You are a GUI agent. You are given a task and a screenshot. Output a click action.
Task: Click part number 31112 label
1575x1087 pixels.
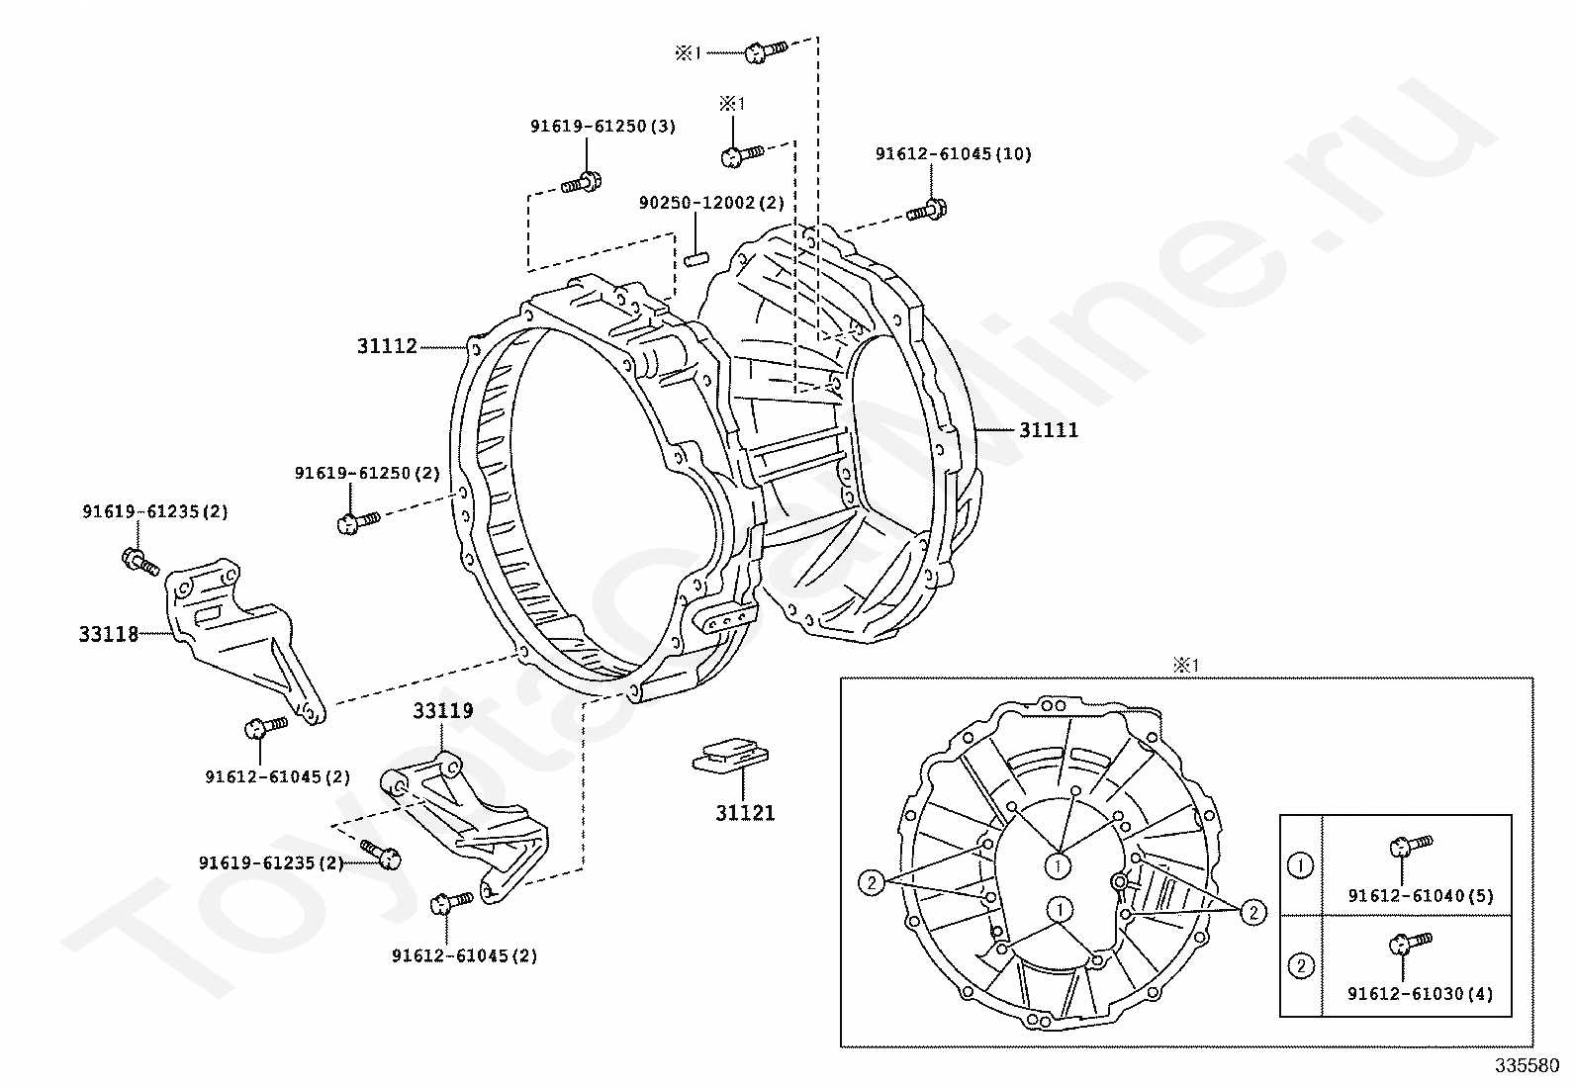click(x=387, y=346)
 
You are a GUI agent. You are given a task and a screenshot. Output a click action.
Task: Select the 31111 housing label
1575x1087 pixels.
click(x=1049, y=430)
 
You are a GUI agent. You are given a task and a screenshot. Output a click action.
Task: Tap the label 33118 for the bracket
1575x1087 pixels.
click(x=109, y=634)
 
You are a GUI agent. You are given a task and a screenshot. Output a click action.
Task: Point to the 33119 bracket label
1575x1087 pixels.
click(x=442, y=710)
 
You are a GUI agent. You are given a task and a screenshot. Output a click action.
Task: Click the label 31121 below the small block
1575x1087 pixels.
click(x=745, y=813)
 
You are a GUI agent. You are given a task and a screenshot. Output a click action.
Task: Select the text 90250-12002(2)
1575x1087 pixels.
click(x=710, y=203)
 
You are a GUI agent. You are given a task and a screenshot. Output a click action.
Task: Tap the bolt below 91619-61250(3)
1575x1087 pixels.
click(x=581, y=183)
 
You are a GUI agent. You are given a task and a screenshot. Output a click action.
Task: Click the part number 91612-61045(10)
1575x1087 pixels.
click(x=953, y=153)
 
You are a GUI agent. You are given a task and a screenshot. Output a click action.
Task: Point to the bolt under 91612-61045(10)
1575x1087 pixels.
click(x=927, y=210)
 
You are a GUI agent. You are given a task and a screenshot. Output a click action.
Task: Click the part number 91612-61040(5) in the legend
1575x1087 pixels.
click(x=1420, y=896)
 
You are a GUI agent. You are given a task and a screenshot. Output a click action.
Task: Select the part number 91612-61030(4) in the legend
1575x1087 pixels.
click(x=1420, y=994)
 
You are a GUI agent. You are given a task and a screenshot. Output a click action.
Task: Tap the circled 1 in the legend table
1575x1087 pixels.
click(x=1300, y=865)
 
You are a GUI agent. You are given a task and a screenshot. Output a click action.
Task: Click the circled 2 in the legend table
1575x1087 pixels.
click(x=1300, y=965)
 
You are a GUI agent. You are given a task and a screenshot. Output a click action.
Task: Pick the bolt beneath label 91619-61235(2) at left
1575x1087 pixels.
click(x=140, y=561)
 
